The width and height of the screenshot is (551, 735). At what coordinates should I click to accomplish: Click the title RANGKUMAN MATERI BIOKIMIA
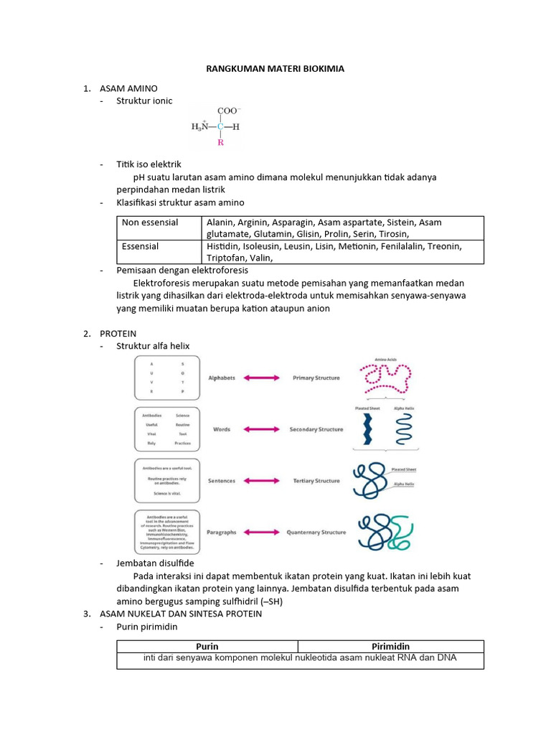tap(275, 69)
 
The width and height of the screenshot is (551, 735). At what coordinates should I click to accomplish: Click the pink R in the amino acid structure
tap(220, 142)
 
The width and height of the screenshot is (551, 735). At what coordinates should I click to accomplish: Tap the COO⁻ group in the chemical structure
tap(229, 111)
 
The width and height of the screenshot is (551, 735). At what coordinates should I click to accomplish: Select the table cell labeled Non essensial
tap(150, 223)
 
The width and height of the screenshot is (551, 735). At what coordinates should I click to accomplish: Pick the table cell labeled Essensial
tap(141, 246)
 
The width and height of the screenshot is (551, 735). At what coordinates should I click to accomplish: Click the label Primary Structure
tap(316, 378)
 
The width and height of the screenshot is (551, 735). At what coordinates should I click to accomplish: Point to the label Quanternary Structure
tap(316, 533)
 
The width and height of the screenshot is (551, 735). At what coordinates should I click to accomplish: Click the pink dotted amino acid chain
tap(386, 378)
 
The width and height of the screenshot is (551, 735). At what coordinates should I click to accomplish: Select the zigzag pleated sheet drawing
tap(367, 429)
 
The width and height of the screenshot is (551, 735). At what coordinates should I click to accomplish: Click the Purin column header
tap(207, 646)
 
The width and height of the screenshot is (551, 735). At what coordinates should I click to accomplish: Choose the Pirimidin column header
tap(390, 646)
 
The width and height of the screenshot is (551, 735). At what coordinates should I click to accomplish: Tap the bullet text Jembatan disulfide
tap(155, 563)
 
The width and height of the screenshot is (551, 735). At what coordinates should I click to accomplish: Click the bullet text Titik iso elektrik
tap(149, 164)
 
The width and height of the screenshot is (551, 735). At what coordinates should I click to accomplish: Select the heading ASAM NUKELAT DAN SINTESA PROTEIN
tap(181, 614)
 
